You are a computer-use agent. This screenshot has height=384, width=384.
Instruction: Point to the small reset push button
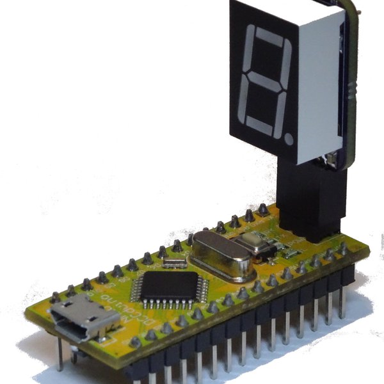coord(253,244)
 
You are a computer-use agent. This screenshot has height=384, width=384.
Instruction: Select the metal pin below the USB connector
coord(60,355)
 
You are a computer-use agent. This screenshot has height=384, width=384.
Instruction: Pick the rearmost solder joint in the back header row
coord(262,209)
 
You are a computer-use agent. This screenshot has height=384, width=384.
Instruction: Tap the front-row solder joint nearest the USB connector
coord(135,342)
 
